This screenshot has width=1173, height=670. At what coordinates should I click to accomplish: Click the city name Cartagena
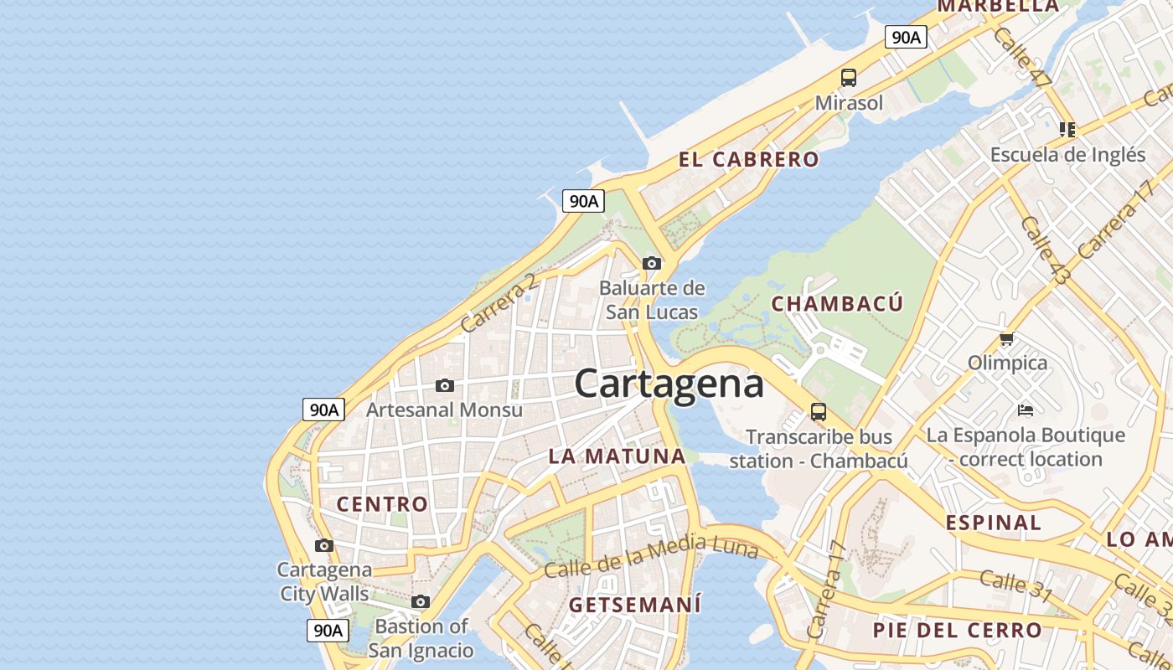(669, 384)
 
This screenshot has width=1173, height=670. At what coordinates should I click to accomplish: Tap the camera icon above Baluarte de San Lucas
(651, 263)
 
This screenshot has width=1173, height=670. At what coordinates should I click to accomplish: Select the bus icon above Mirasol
(849, 78)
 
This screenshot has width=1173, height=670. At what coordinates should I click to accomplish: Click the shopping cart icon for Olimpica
(1006, 339)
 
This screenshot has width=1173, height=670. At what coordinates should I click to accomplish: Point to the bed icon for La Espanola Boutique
(1025, 410)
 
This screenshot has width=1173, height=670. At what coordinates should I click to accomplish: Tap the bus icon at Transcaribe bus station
(818, 412)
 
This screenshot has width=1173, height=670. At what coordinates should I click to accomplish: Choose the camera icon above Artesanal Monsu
(445, 386)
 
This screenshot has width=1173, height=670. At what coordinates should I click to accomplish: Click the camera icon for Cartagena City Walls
(323, 546)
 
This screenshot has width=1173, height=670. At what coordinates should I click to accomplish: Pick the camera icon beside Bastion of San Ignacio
(421, 602)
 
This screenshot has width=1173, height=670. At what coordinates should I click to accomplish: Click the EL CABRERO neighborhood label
(748, 159)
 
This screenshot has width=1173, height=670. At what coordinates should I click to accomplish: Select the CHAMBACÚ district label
(837, 303)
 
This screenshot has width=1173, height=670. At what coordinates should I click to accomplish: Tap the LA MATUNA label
(618, 456)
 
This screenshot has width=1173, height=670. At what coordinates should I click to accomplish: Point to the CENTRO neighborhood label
(382, 504)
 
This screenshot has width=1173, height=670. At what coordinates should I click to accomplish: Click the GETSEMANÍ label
(634, 605)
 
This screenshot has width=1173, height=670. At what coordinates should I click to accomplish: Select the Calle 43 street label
(1044, 249)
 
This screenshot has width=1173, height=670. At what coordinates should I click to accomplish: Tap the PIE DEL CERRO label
(957, 630)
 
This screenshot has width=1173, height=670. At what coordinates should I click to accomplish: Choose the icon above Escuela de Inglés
(1067, 130)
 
